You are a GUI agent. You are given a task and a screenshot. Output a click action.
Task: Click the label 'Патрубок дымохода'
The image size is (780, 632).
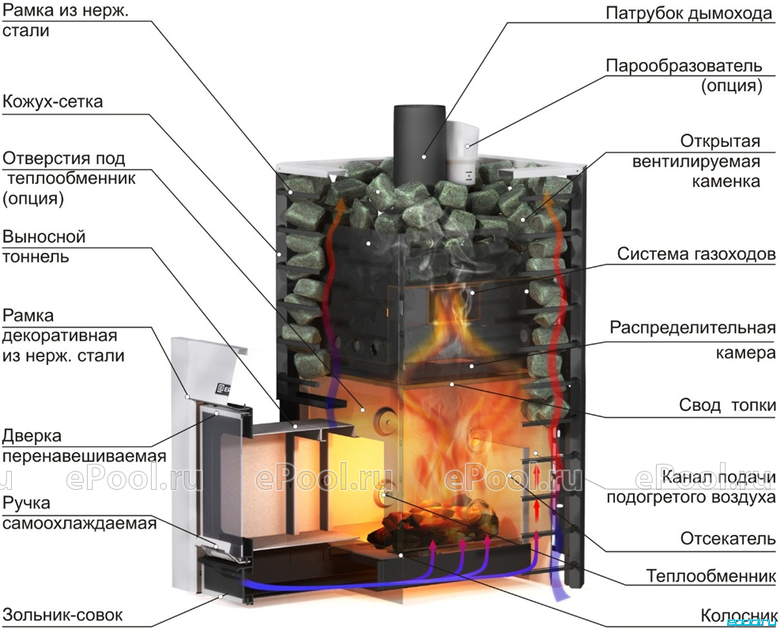pyautogui.click(x=689, y=13)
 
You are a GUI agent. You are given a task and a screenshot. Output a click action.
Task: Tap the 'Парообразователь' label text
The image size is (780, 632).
pyautogui.click(x=684, y=65)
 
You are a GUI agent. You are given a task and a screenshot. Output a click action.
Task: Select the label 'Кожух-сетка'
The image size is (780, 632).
pyautogui.click(x=53, y=101)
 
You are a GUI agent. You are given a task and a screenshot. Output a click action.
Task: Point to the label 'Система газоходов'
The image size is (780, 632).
pyautogui.click(x=696, y=254)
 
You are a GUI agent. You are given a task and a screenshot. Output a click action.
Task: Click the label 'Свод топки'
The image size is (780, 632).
pyautogui.click(x=727, y=405)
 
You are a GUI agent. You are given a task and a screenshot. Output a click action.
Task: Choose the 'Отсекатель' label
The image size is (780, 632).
pyautogui.click(x=729, y=539)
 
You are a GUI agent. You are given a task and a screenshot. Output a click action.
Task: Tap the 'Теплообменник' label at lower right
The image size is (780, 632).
pyautogui.click(x=711, y=576)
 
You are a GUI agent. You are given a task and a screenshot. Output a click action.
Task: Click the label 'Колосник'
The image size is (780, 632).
pyautogui.click(x=738, y=615)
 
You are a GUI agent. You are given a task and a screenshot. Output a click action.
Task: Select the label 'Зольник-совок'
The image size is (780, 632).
pyautogui.click(x=62, y=615)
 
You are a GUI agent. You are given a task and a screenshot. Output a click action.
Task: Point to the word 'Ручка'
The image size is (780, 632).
pyautogui.click(x=26, y=502)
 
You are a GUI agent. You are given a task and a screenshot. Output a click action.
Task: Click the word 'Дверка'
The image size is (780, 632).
pyautogui.click(x=32, y=436)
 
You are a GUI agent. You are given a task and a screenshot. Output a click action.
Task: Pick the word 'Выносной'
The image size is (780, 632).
pyautogui.click(x=43, y=236)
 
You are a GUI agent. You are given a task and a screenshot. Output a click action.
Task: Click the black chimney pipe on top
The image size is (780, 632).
pyautogui.click(x=420, y=141)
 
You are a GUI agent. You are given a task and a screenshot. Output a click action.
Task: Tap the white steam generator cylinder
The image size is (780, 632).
pyautogui.click(x=462, y=152)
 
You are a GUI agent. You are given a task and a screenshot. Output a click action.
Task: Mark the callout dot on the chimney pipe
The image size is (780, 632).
pyautogui.click(x=424, y=156)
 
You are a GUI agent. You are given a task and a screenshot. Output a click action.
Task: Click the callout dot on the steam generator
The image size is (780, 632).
pyautogui.click(x=468, y=145)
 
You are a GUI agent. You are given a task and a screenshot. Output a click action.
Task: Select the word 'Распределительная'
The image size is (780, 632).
pyautogui.click(x=693, y=329)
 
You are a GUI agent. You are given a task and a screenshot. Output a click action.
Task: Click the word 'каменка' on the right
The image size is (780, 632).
pyautogui.click(x=725, y=181)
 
